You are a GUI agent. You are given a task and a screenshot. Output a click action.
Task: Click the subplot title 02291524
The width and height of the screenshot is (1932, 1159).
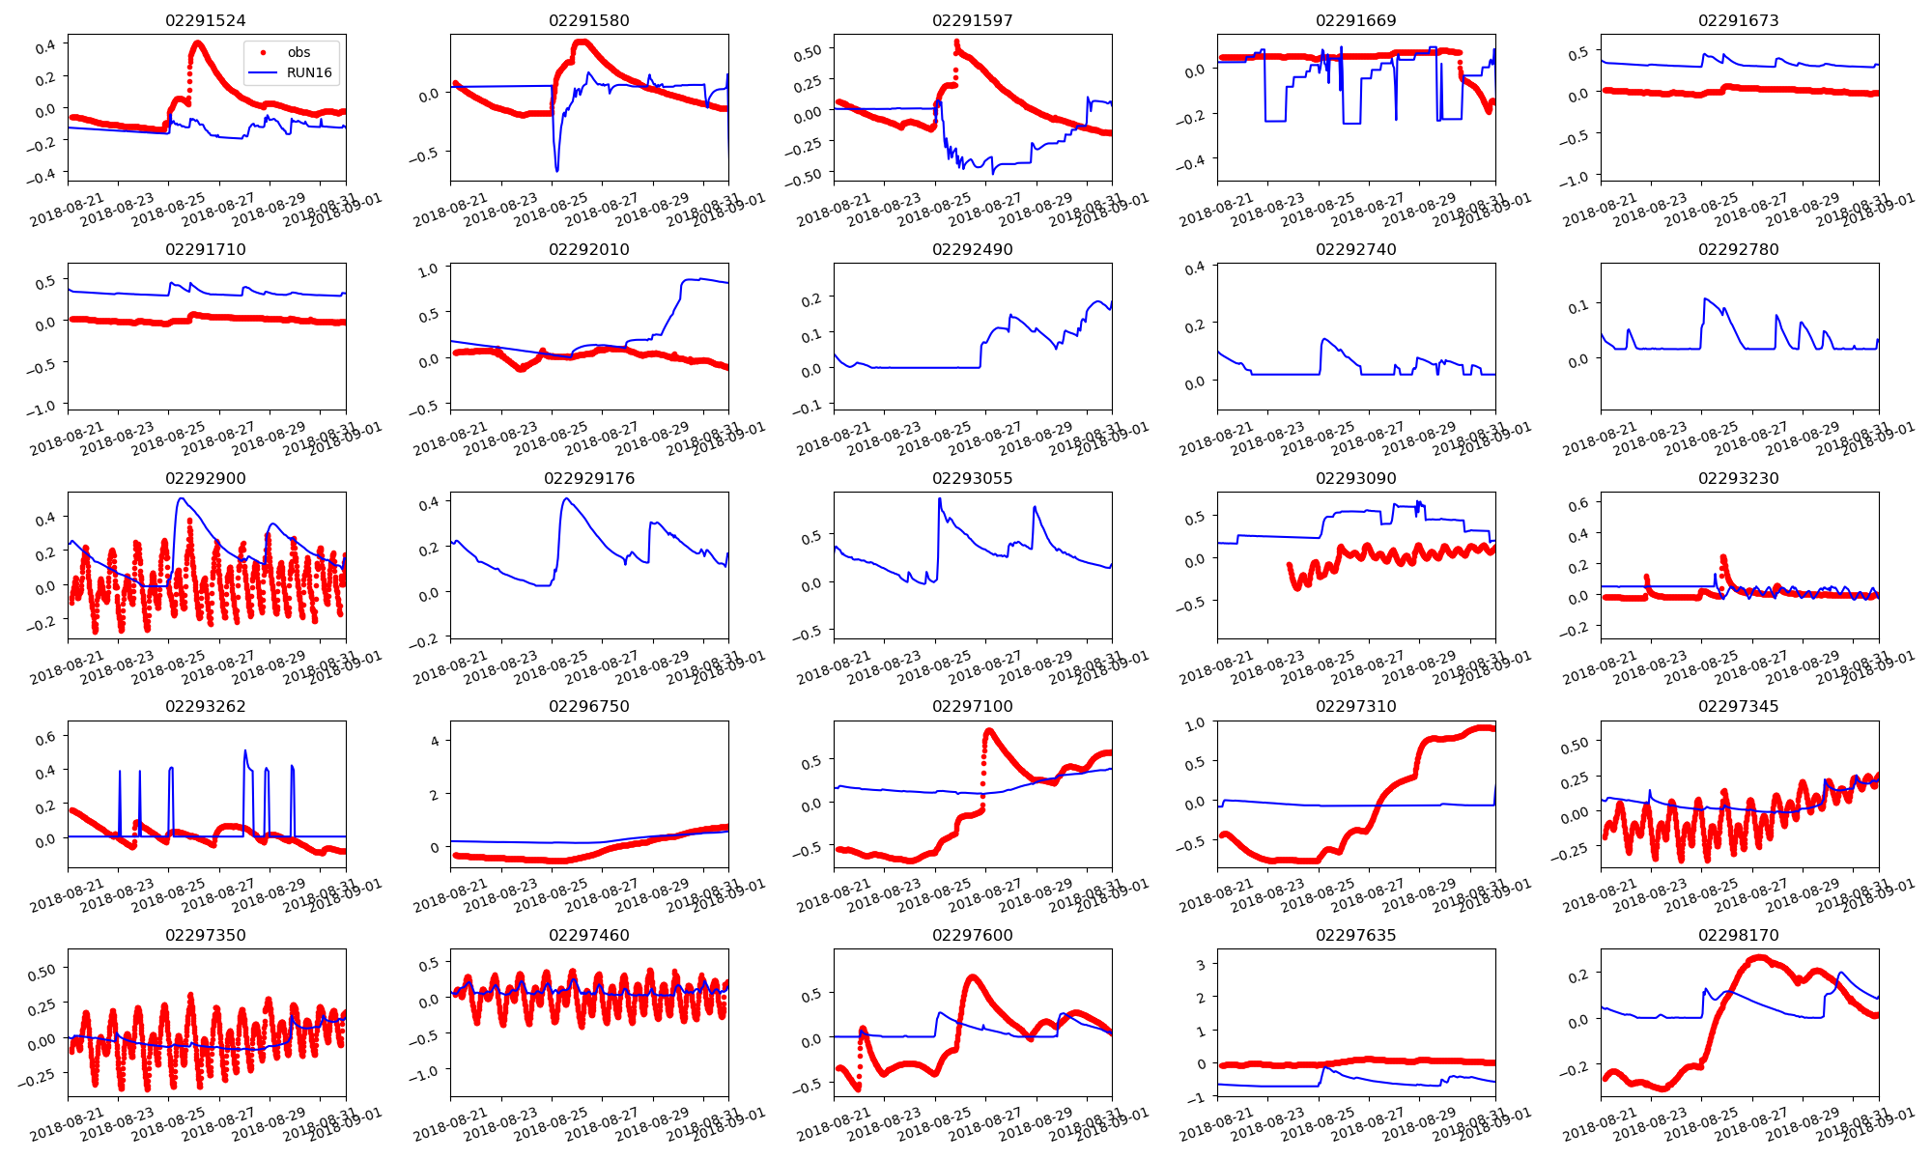pyautogui.click(x=206, y=20)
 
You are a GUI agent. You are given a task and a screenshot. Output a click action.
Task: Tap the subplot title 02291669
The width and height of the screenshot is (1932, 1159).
pyautogui.click(x=1355, y=20)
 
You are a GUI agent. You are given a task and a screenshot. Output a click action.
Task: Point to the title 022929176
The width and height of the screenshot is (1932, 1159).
pyautogui.click(x=589, y=478)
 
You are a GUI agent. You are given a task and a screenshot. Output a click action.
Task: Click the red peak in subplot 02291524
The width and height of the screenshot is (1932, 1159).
pyautogui.click(x=197, y=42)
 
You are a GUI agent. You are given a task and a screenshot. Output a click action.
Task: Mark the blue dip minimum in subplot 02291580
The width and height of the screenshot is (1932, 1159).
pyautogui.click(x=556, y=171)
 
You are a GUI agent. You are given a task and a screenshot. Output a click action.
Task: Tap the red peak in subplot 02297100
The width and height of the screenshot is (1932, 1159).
pyautogui.click(x=988, y=731)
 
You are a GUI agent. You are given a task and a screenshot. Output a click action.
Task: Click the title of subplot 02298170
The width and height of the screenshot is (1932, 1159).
pyautogui.click(x=1739, y=935)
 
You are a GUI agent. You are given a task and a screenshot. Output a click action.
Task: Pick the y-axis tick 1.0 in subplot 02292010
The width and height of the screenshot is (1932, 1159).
pyautogui.click(x=428, y=269)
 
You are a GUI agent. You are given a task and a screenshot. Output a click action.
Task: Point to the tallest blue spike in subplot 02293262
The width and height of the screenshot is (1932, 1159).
pyautogui.click(x=244, y=750)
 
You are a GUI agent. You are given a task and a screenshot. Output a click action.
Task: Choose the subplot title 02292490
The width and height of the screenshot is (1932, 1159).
pyautogui.click(x=972, y=249)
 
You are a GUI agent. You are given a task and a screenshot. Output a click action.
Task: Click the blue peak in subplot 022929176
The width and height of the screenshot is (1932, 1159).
pyautogui.click(x=566, y=498)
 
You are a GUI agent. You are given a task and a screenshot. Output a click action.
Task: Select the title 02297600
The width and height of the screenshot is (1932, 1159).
pyautogui.click(x=972, y=935)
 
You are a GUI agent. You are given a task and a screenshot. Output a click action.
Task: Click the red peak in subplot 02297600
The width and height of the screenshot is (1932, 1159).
pyautogui.click(x=972, y=976)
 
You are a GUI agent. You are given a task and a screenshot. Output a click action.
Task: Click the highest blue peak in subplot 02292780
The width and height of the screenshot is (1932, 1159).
pyautogui.click(x=1706, y=298)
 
